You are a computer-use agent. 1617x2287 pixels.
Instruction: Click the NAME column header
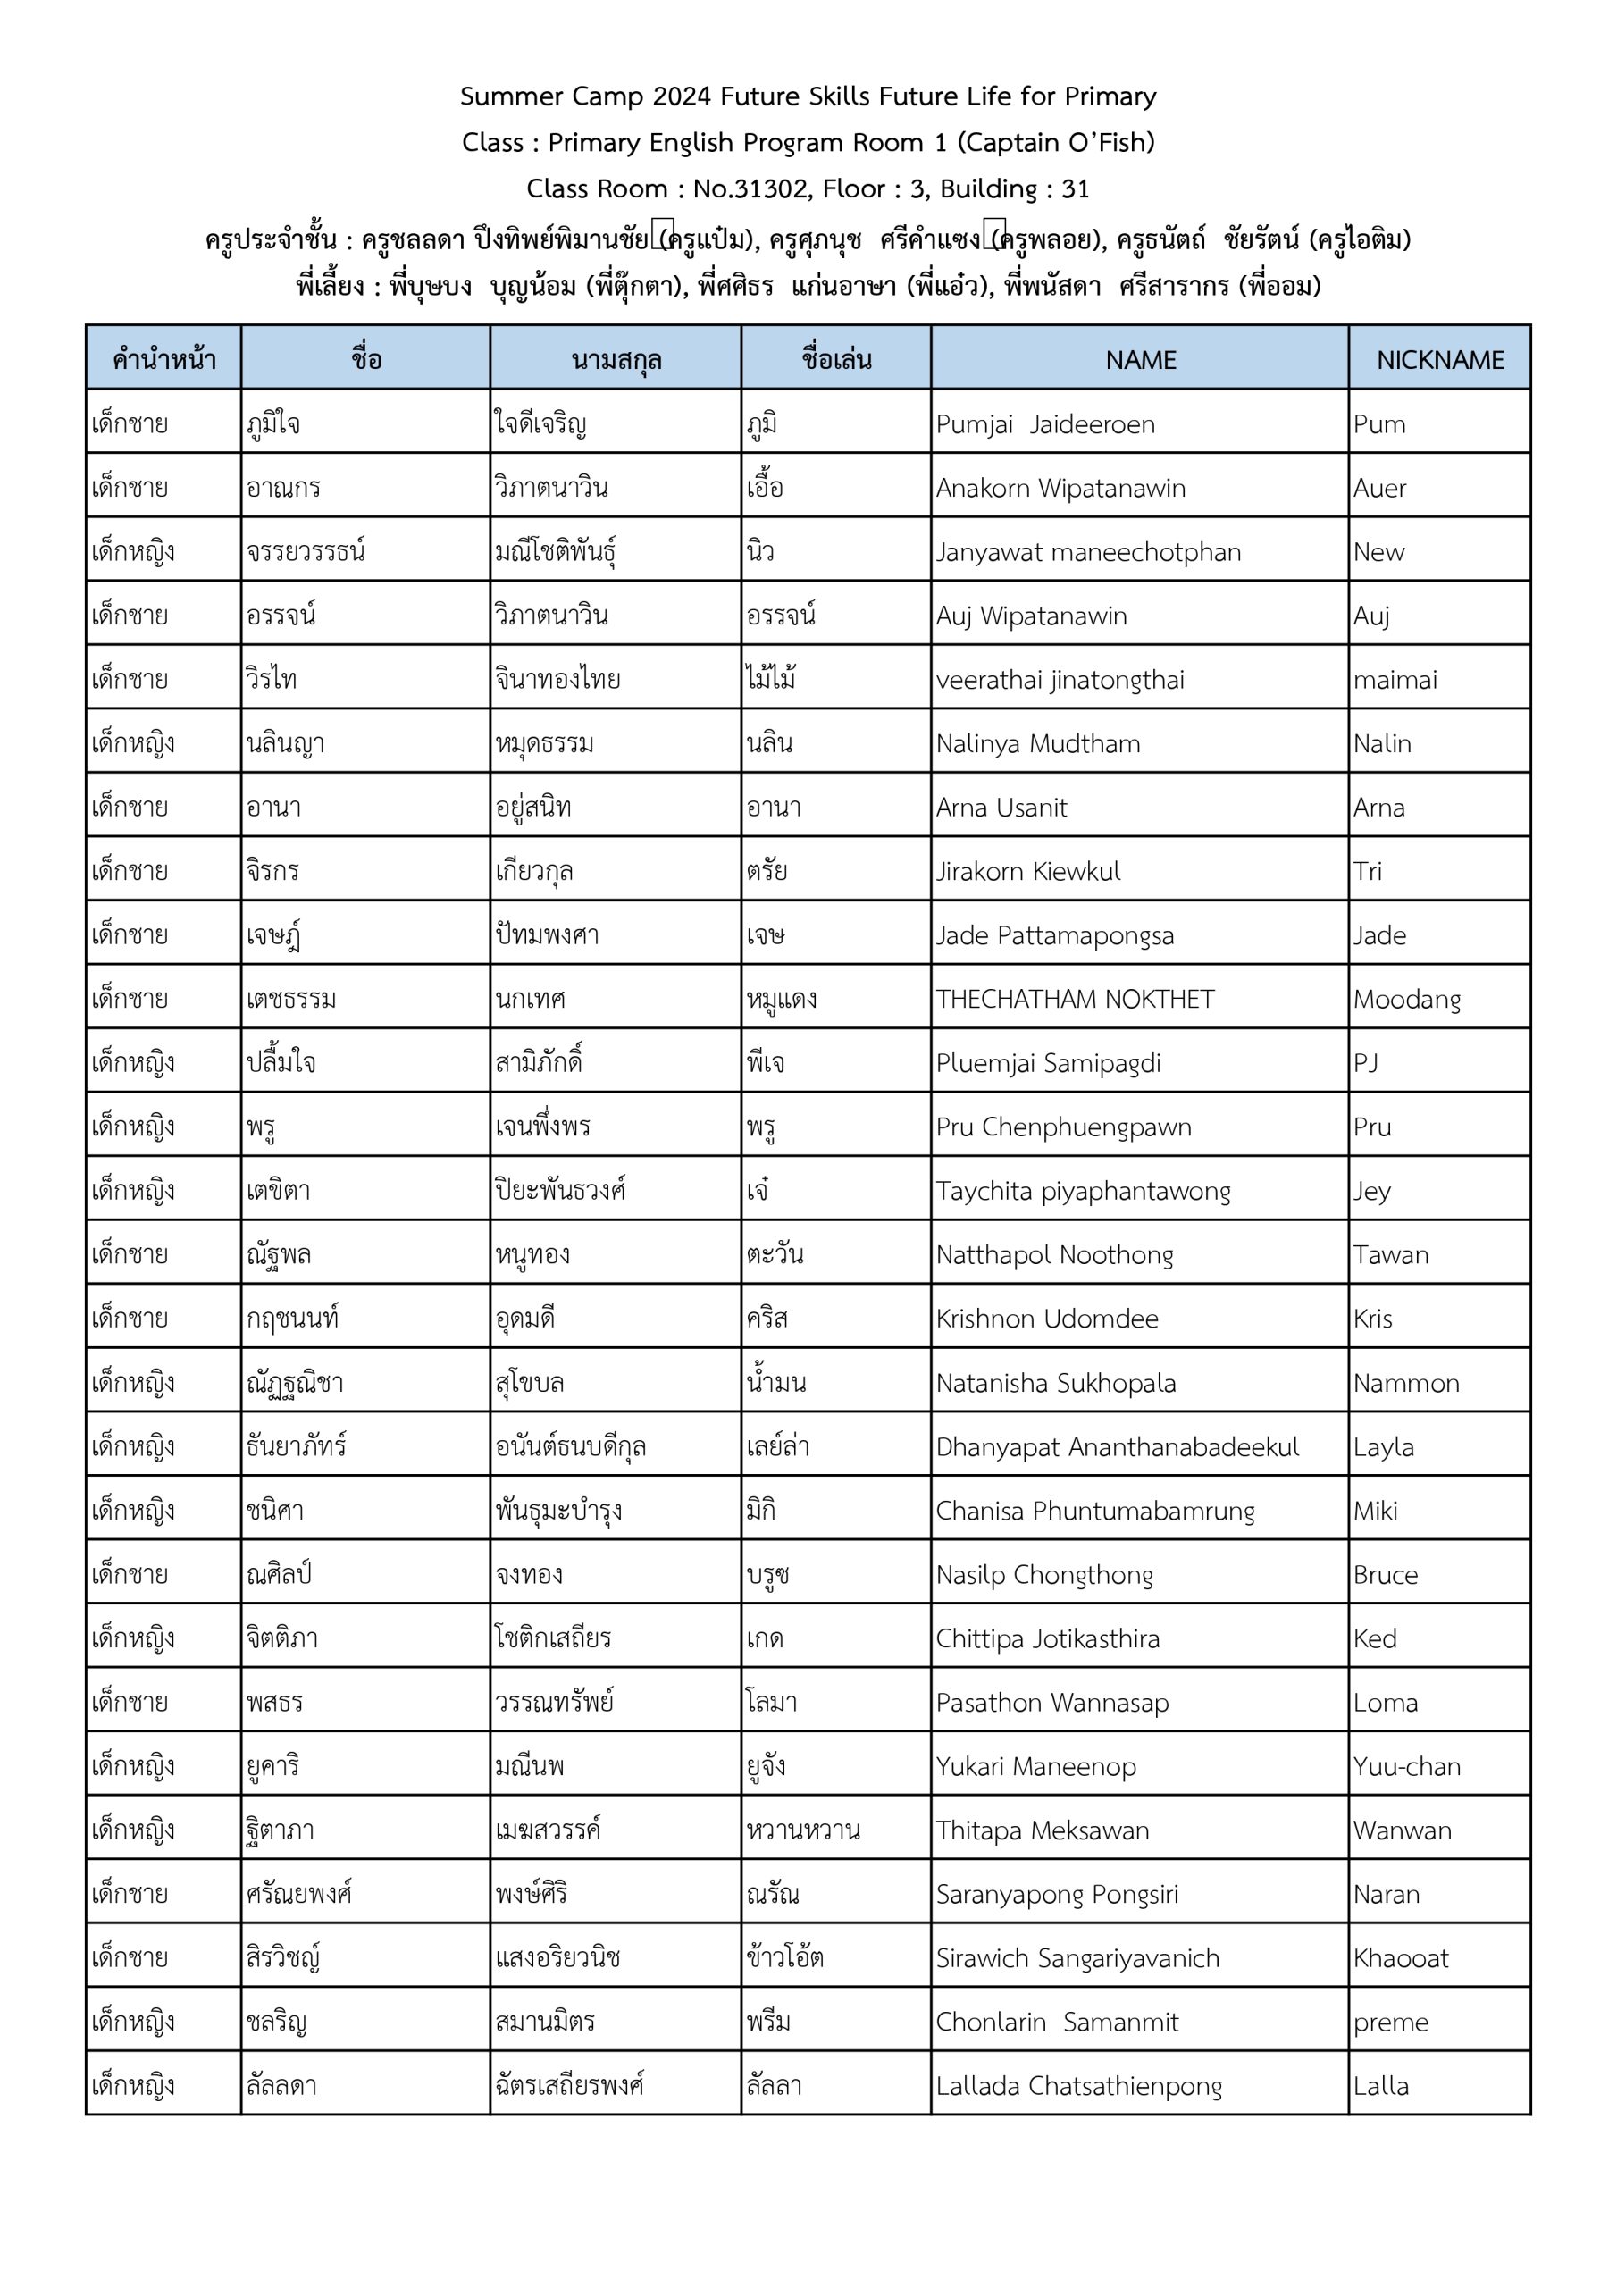(x=1140, y=360)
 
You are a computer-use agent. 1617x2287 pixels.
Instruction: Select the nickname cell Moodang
(x=1406, y=999)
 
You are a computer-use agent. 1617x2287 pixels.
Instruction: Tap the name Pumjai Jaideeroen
(x=1044, y=424)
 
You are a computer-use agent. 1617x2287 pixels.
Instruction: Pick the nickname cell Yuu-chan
(x=1406, y=1766)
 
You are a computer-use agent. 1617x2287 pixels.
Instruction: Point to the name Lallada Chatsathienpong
(x=1078, y=2086)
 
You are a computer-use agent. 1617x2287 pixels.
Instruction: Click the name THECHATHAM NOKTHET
(x=1074, y=999)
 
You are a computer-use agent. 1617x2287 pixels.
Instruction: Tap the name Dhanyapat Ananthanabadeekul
(x=1116, y=1446)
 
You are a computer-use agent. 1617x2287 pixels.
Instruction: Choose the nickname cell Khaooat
(x=1400, y=1958)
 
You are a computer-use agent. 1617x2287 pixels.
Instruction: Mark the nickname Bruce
(x=1384, y=1575)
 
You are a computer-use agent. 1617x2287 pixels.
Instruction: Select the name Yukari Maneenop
(x=1035, y=1766)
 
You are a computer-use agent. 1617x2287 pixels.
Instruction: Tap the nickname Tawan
(x=1390, y=1255)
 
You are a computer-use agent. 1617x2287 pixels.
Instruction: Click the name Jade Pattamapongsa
(x=1054, y=935)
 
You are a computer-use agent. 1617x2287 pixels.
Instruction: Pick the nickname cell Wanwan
(x=1402, y=1830)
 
